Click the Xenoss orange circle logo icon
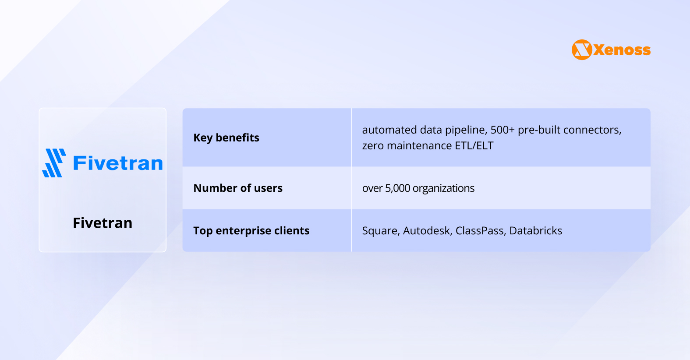coord(582,50)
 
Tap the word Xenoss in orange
coord(622,50)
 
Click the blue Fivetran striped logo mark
coord(54,163)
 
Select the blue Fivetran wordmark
coord(118,163)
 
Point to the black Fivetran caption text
coord(103,223)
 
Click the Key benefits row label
coord(226,138)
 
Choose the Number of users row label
coord(238,188)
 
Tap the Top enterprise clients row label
coord(251,231)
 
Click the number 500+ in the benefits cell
coord(502,130)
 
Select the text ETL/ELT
coord(474,146)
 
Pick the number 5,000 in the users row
coord(397,188)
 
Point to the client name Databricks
coord(535,231)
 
